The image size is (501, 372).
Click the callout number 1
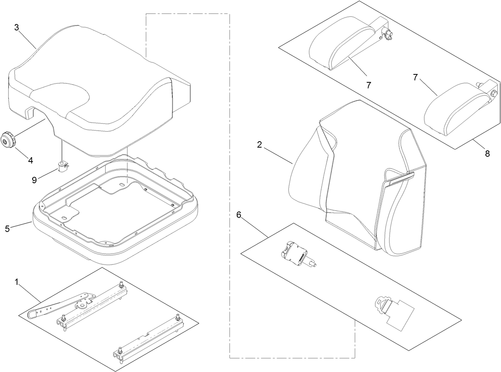[x=16, y=282]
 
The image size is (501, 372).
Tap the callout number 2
[x=259, y=144]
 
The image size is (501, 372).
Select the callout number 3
[x=16, y=27]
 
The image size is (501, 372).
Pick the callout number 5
[x=7, y=229]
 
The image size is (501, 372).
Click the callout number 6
[x=239, y=215]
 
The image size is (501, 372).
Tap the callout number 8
[x=487, y=154]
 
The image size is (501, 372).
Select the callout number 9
[x=35, y=180]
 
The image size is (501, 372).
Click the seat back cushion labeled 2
[x=350, y=167]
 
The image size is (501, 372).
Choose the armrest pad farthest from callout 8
[x=342, y=44]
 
